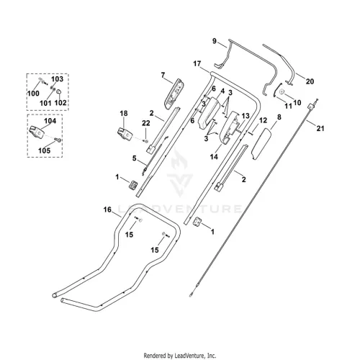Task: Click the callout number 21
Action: click(x=320, y=128)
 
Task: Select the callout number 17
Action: click(x=197, y=63)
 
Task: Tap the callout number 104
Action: click(x=50, y=121)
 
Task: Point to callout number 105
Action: click(x=45, y=150)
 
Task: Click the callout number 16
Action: click(x=107, y=210)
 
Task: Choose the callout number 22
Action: click(x=145, y=123)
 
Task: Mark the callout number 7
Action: click(x=163, y=76)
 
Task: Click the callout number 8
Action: click(x=279, y=117)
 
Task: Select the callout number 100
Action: click(x=33, y=93)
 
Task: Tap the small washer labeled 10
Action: click(x=282, y=91)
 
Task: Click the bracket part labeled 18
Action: click(x=125, y=135)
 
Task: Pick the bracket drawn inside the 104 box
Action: click(x=37, y=132)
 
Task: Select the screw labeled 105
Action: click(x=58, y=140)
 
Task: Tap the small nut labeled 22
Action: click(x=145, y=140)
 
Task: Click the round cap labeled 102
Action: click(x=58, y=91)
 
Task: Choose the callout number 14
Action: click(x=214, y=157)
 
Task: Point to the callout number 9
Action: click(x=215, y=41)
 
